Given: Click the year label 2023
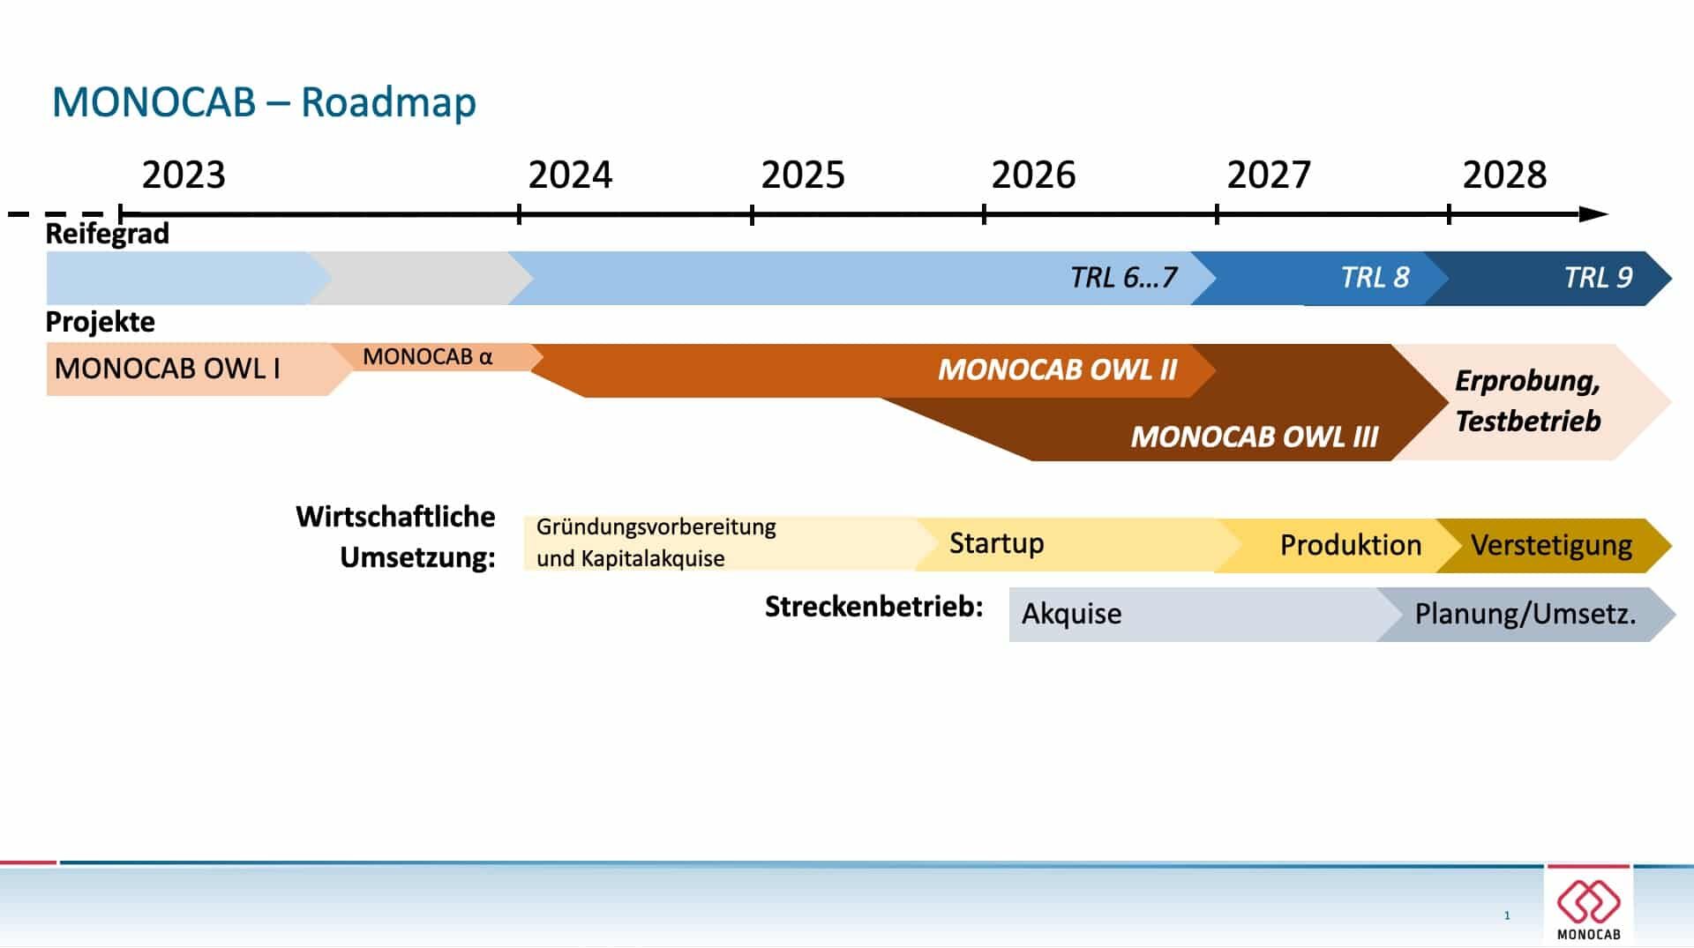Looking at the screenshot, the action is click(x=184, y=175).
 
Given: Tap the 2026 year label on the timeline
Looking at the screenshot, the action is click(x=1033, y=175).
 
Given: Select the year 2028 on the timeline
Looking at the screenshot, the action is click(x=1504, y=175).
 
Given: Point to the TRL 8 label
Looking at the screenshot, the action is click(x=1375, y=278).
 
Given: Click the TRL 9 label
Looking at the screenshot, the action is click(x=1598, y=278).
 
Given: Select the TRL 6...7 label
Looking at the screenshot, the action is click(x=1123, y=278).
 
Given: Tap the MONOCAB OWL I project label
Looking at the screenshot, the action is click(x=167, y=369).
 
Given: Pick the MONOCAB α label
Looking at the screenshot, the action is click(x=427, y=356).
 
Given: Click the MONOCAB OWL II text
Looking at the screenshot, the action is click(x=1057, y=369).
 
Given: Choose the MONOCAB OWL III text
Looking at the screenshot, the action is click(x=1254, y=437).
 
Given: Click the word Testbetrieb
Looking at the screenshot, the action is click(x=1527, y=422).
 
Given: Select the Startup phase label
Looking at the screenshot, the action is click(x=996, y=543).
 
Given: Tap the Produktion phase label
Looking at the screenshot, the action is click(x=1351, y=545).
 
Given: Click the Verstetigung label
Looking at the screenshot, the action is click(x=1551, y=546).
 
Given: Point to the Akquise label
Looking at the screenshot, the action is click(x=1071, y=614).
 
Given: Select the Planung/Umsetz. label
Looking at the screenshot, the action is click(x=1525, y=614).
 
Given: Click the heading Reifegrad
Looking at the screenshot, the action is click(x=107, y=234).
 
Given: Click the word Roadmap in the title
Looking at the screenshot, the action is click(x=388, y=101).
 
